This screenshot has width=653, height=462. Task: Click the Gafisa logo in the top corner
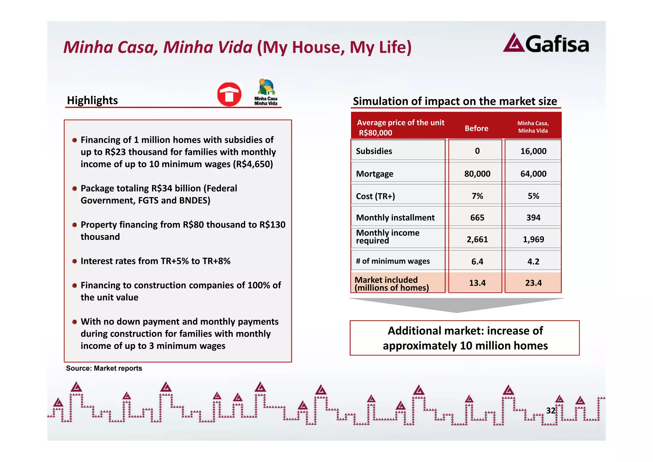click(546, 43)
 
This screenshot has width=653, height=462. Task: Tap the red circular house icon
click(229, 94)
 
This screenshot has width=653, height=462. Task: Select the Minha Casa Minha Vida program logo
click(266, 92)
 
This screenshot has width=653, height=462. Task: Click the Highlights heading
click(92, 100)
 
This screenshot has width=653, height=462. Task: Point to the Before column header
click(476, 128)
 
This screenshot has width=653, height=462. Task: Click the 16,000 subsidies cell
click(533, 151)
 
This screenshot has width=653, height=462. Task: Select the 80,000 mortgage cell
click(477, 174)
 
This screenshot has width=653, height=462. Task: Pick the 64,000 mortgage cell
click(533, 174)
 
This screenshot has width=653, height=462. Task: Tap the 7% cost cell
click(477, 196)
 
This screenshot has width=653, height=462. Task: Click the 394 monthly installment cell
click(533, 218)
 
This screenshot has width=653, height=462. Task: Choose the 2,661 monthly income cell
click(477, 239)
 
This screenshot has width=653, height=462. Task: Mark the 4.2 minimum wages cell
click(533, 261)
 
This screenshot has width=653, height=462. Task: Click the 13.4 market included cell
click(477, 283)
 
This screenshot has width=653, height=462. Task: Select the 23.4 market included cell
click(533, 283)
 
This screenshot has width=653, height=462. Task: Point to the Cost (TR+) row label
click(375, 196)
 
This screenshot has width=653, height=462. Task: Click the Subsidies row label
click(374, 151)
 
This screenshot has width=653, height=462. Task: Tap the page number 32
click(551, 411)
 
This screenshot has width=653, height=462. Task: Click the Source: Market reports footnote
click(104, 368)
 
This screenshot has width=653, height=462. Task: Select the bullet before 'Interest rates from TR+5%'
click(74, 261)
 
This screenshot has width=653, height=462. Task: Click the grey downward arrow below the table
click(457, 305)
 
